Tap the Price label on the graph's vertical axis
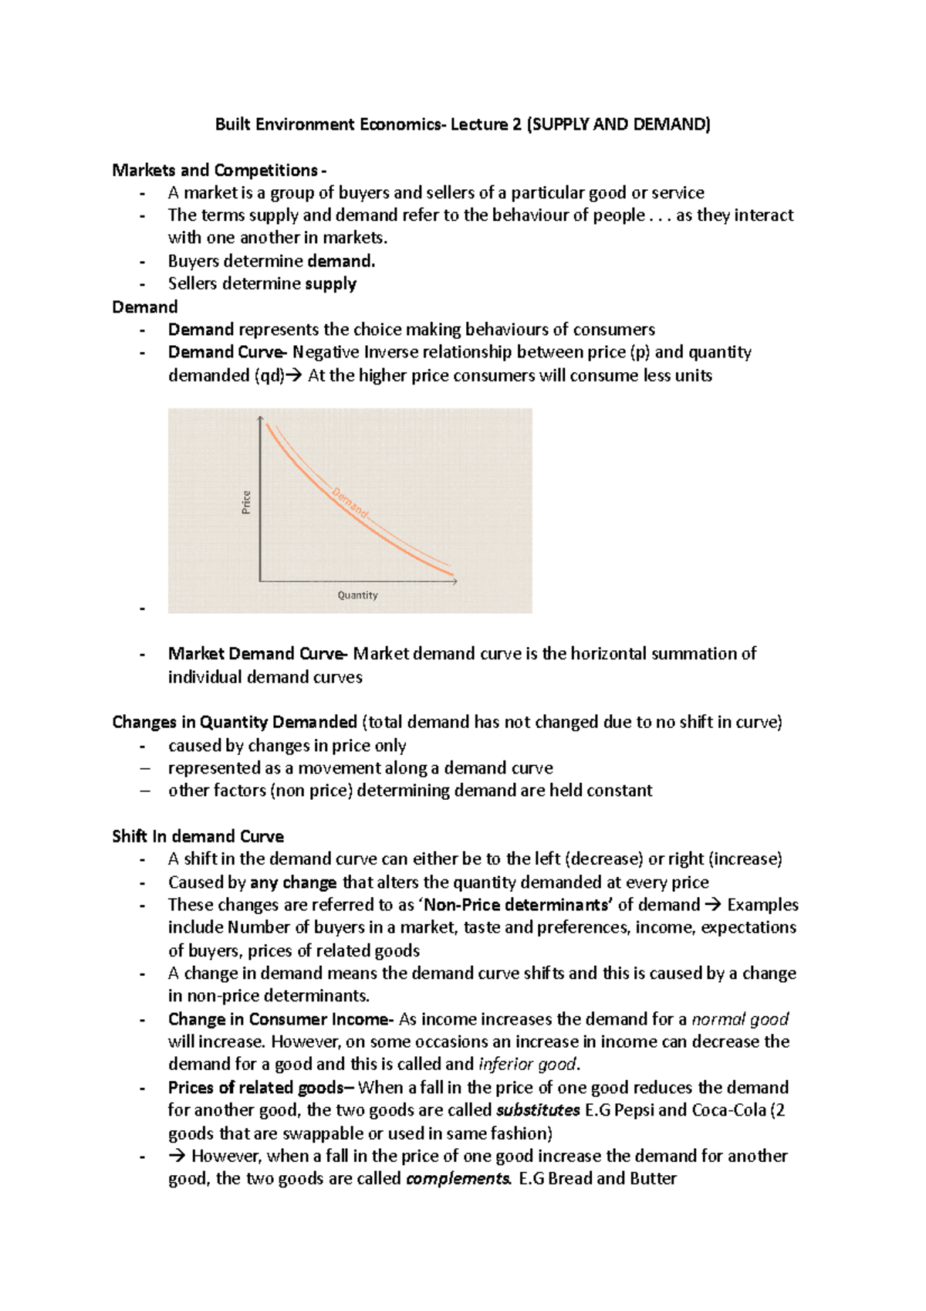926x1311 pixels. (x=246, y=502)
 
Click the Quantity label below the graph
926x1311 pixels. (x=357, y=595)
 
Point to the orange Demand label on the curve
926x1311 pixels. (x=350, y=503)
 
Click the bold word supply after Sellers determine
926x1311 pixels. (x=330, y=284)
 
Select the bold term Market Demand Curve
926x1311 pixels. (x=255, y=654)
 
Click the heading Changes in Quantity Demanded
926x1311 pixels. (x=235, y=723)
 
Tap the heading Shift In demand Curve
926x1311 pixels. (x=198, y=837)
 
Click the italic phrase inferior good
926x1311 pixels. (x=527, y=1065)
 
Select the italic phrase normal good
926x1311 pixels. (x=740, y=1019)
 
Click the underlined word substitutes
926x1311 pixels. (x=538, y=1110)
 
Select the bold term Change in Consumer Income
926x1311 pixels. (x=279, y=1019)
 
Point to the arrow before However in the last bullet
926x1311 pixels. (x=177, y=1157)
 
